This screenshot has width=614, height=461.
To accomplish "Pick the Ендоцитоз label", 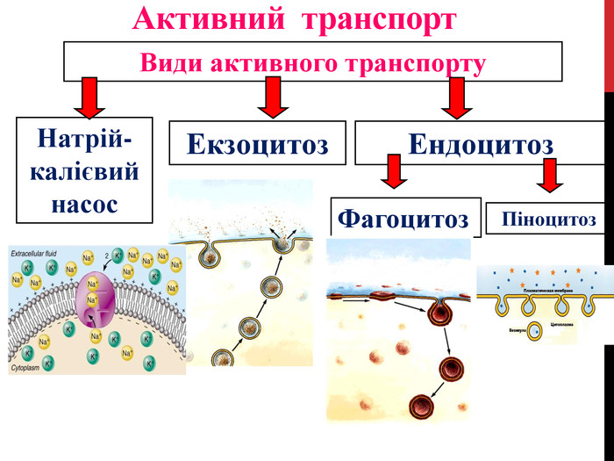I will (481, 143).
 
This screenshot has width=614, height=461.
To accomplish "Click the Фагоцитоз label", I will (404, 217).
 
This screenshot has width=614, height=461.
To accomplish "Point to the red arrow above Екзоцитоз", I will (272, 97).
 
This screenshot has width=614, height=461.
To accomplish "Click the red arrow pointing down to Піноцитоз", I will (551, 175).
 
